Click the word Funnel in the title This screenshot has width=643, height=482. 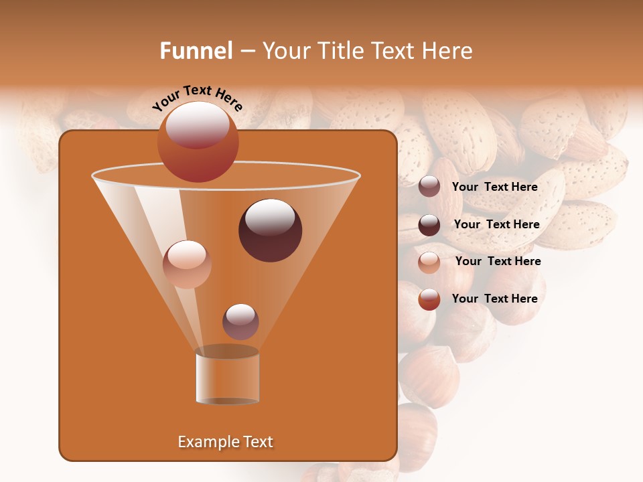(x=196, y=51)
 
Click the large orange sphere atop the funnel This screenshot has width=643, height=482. (x=198, y=141)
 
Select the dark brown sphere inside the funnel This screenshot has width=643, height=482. (x=271, y=230)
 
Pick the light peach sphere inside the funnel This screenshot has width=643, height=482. (x=187, y=264)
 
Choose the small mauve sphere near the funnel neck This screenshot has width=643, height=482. (x=240, y=321)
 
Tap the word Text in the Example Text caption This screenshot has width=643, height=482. (x=258, y=442)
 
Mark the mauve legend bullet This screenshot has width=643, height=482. (x=429, y=187)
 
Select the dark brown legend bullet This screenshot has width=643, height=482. (x=429, y=224)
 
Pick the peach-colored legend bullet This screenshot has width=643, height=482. (x=429, y=262)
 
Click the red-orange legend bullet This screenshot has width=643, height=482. (x=429, y=299)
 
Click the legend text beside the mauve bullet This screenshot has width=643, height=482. (x=495, y=187)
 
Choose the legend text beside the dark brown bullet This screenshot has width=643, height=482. (x=496, y=225)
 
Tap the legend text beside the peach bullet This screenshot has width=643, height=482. (x=498, y=262)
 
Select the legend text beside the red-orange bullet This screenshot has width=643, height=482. (x=495, y=299)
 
